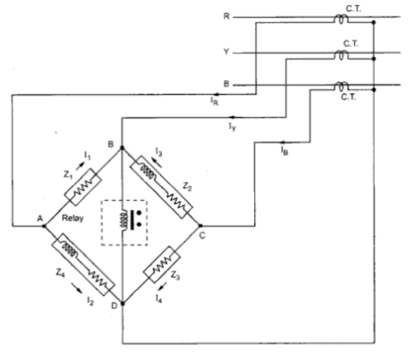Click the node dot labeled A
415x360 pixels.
pos(44,226)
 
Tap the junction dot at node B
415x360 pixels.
pos(122,148)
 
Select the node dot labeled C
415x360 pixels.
pos(200,226)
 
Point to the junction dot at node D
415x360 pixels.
pos(123,304)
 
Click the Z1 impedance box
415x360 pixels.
pos(83,187)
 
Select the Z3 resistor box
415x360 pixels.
pos(162,264)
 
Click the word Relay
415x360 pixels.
pos(73,218)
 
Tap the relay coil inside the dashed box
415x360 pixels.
pos(123,220)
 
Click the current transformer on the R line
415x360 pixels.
pos(341,19)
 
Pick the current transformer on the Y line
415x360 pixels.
pos(341,55)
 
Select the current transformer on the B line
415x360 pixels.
pos(341,86)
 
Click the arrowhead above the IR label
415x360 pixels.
pos(216,94)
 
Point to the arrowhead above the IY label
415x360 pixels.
pos(233,117)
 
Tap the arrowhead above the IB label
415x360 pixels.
pos(283,142)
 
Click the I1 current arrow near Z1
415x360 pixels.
pos(80,166)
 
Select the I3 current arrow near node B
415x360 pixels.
pos(157,163)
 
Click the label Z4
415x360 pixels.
pos(61,273)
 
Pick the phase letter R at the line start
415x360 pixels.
pos(227,16)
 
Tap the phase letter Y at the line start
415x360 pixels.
pos(226,52)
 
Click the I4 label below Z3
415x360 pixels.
pos(159,298)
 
